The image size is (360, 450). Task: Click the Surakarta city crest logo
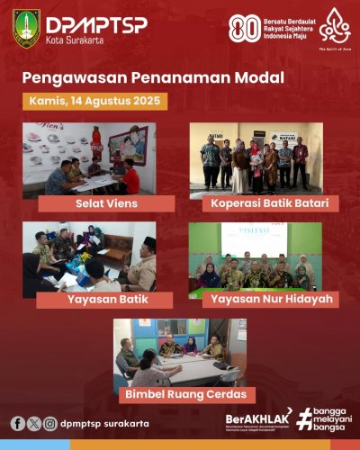pos(26,28)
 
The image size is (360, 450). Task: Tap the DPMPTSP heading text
pos(85,23)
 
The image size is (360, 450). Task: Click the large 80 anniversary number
pos(244,28)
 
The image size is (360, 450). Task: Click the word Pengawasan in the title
pos(71,78)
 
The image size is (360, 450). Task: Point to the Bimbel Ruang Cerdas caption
pos(185,394)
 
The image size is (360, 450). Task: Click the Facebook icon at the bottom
pos(18,423)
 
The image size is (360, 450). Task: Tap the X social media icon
pos(34,423)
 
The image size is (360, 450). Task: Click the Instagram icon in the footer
pos(49,423)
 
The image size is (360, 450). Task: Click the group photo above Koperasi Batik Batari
pos(256,158)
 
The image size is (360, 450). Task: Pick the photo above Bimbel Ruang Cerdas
pos(180,351)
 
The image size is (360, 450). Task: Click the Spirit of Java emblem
pos(335,29)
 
